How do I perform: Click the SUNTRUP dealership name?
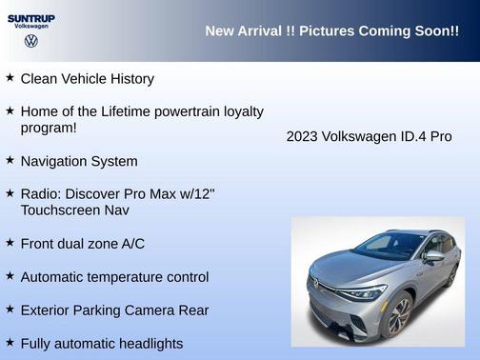click(x=30, y=18)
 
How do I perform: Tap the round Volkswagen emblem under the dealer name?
click(x=30, y=42)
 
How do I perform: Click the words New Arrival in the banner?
click(x=242, y=31)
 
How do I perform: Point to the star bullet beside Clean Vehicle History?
click(x=10, y=77)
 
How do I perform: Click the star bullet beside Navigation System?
click(x=10, y=160)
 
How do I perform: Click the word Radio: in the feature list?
click(x=43, y=194)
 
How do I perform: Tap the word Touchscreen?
click(x=62, y=210)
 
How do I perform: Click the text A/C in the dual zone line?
click(x=130, y=244)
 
